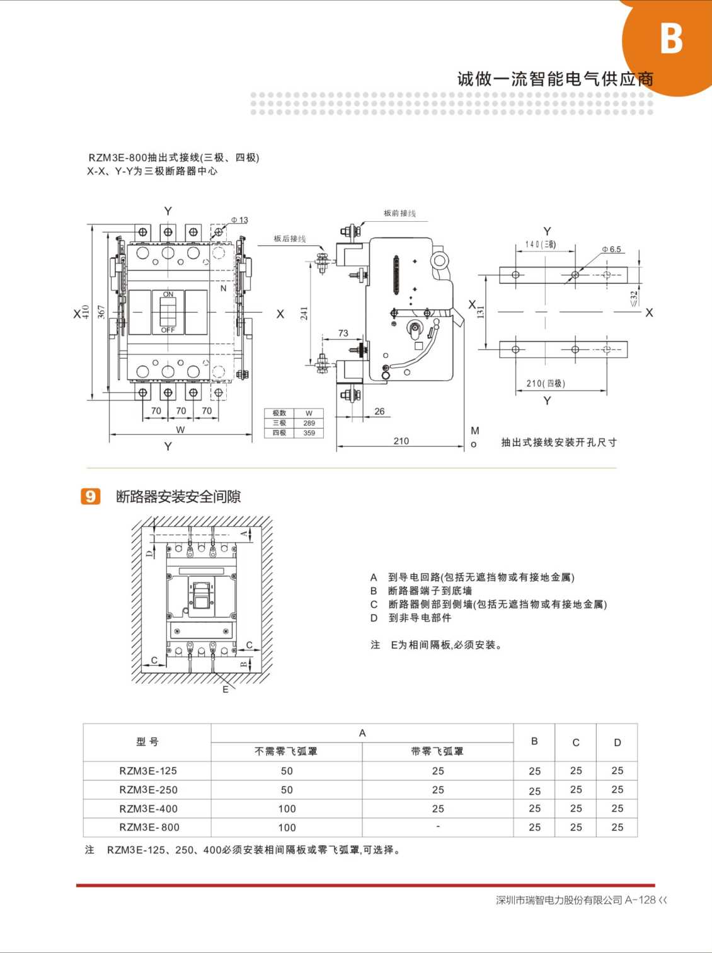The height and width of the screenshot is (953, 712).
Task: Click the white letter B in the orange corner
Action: [671, 38]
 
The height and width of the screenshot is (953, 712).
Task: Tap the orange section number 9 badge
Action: [91, 497]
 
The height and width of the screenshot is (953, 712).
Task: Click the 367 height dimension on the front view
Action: [101, 312]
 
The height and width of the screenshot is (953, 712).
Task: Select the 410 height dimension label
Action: [86, 312]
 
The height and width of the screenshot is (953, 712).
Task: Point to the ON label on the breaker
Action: [168, 294]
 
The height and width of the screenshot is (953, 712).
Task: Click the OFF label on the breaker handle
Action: [168, 330]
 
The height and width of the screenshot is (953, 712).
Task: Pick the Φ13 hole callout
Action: [239, 220]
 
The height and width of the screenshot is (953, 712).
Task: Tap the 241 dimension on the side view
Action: [304, 313]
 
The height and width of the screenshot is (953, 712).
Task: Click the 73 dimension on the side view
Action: [343, 333]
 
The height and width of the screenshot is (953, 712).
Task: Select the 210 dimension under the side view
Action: [401, 441]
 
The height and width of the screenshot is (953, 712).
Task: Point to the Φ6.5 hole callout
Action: [611, 250]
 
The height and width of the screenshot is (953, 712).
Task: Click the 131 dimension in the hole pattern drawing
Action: [480, 311]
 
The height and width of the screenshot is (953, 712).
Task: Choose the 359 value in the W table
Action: [309, 433]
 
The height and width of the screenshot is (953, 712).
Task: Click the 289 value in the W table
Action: [309, 423]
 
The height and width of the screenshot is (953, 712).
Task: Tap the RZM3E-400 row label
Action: [149, 809]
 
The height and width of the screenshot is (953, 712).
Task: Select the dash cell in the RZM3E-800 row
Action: [438, 826]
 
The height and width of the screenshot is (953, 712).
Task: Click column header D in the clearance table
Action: [617, 742]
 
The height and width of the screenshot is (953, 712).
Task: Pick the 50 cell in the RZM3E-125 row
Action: [287, 771]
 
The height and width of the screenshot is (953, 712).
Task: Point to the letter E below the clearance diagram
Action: [226, 690]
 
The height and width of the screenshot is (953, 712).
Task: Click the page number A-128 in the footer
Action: [640, 900]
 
